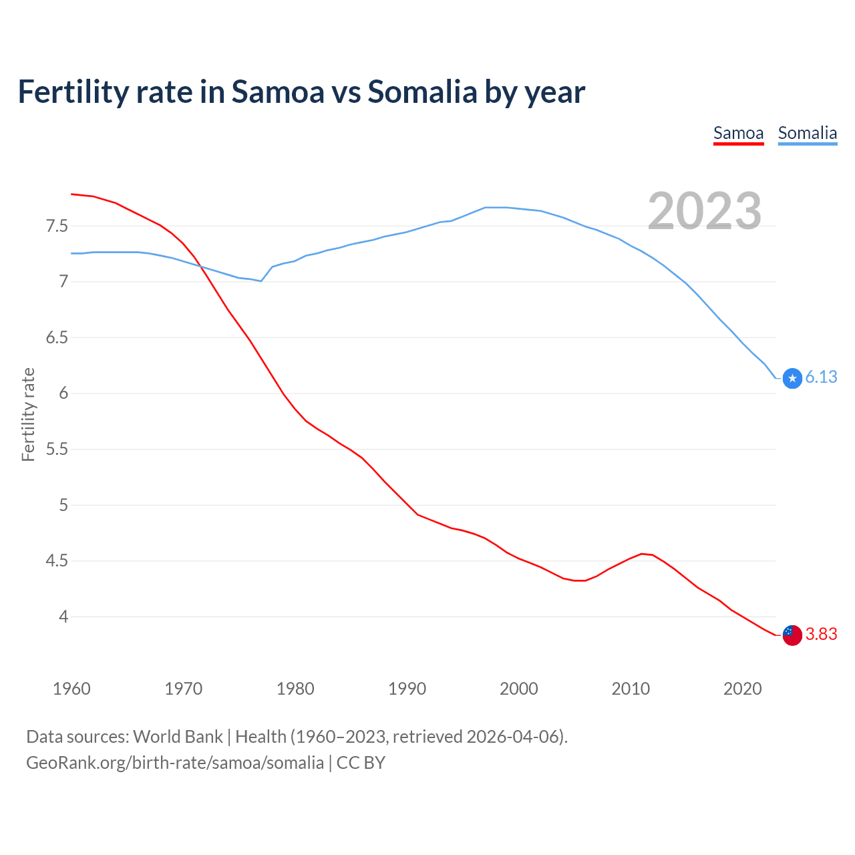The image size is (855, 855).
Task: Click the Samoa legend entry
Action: coord(738,134)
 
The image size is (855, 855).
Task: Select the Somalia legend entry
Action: coord(807,134)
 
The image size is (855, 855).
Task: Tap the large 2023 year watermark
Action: coord(704,211)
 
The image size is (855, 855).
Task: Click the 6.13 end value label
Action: coord(821,377)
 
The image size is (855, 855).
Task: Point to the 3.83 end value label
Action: coord(821,634)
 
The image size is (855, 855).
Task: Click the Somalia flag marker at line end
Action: coord(792,378)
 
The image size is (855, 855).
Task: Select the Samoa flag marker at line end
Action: coord(792,635)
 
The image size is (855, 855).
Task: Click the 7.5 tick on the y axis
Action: coord(57,226)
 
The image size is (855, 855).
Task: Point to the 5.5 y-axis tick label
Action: coord(57,450)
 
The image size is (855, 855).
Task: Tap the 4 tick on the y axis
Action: coord(63,617)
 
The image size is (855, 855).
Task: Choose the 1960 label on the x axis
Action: coord(71,689)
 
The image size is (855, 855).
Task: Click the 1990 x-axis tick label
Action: coord(407,689)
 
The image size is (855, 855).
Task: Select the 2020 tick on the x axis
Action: coord(742,689)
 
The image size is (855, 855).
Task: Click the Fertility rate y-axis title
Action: coord(28,414)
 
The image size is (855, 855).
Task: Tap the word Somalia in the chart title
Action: coord(422,92)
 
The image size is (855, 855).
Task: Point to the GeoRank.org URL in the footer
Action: coord(174,763)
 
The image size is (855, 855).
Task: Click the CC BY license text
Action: coord(361,763)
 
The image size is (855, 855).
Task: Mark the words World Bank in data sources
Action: coord(178,737)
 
